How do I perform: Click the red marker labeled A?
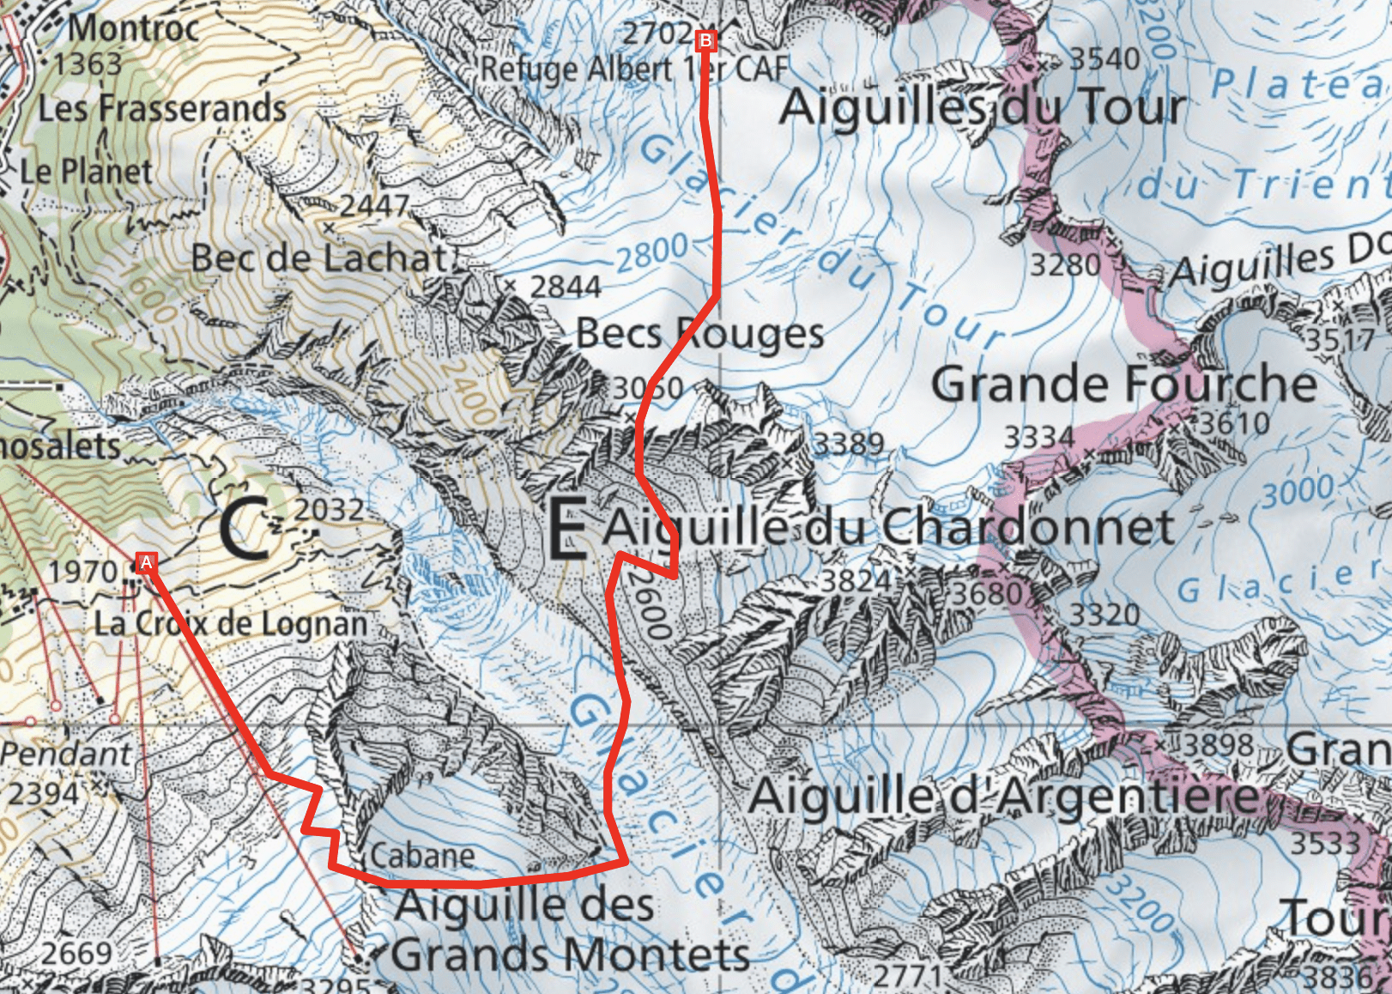[146, 563]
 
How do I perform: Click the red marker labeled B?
[705, 40]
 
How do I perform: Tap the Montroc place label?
[133, 27]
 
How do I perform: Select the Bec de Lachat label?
[319, 258]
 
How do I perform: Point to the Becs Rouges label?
[699, 333]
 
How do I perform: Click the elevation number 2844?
[565, 287]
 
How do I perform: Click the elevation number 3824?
[856, 580]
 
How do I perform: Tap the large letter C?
[244, 530]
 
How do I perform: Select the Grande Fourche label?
[1123, 384]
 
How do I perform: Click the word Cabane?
[422, 855]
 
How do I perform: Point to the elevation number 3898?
[1219, 744]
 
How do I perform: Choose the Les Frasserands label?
[161, 108]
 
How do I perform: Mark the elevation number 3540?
[1105, 59]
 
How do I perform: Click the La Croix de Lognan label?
[230, 623]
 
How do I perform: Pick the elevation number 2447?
[374, 206]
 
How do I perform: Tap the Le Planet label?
[87, 171]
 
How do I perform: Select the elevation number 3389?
[848, 444]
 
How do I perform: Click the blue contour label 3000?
[1298, 491]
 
